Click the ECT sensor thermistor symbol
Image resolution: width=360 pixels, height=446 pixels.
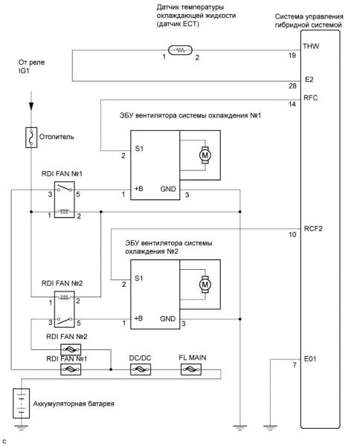click(x=181, y=51)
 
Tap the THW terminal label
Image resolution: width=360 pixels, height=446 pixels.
click(x=311, y=46)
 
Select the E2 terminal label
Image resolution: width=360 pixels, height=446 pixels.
click(x=309, y=80)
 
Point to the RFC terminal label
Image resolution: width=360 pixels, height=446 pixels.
click(x=310, y=98)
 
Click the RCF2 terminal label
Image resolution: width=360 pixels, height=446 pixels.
click(x=313, y=229)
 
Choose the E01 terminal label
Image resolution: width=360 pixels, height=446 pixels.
click(x=310, y=359)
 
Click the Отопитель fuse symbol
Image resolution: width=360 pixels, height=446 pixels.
click(x=31, y=137)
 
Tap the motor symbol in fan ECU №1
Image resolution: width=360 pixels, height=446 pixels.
click(x=205, y=155)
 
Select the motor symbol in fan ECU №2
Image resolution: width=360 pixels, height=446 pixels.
click(x=205, y=284)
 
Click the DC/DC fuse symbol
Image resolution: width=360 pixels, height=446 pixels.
click(x=141, y=369)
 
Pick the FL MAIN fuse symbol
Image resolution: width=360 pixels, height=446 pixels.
click(x=191, y=369)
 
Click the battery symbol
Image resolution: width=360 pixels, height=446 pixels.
click(x=22, y=404)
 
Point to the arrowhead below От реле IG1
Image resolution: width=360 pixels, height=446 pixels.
click(x=31, y=106)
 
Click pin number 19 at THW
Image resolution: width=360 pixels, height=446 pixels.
click(x=292, y=55)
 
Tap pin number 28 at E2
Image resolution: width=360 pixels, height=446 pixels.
click(x=292, y=85)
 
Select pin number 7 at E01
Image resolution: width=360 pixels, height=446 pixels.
click(x=295, y=365)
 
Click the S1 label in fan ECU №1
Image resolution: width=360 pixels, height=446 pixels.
click(x=139, y=149)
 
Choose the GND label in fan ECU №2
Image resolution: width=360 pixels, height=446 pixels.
click(x=167, y=319)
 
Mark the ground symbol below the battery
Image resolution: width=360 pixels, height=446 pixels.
click(x=22, y=427)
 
